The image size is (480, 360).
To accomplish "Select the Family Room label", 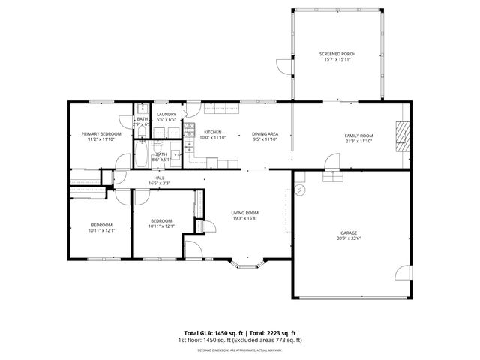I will click(358, 135).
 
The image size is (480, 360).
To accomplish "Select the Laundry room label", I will click(166, 115).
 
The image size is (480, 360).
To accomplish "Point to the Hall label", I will click(159, 178).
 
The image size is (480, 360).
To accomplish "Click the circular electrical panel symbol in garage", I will click(299, 191).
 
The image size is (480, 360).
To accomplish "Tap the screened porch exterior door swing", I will click(283, 67).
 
